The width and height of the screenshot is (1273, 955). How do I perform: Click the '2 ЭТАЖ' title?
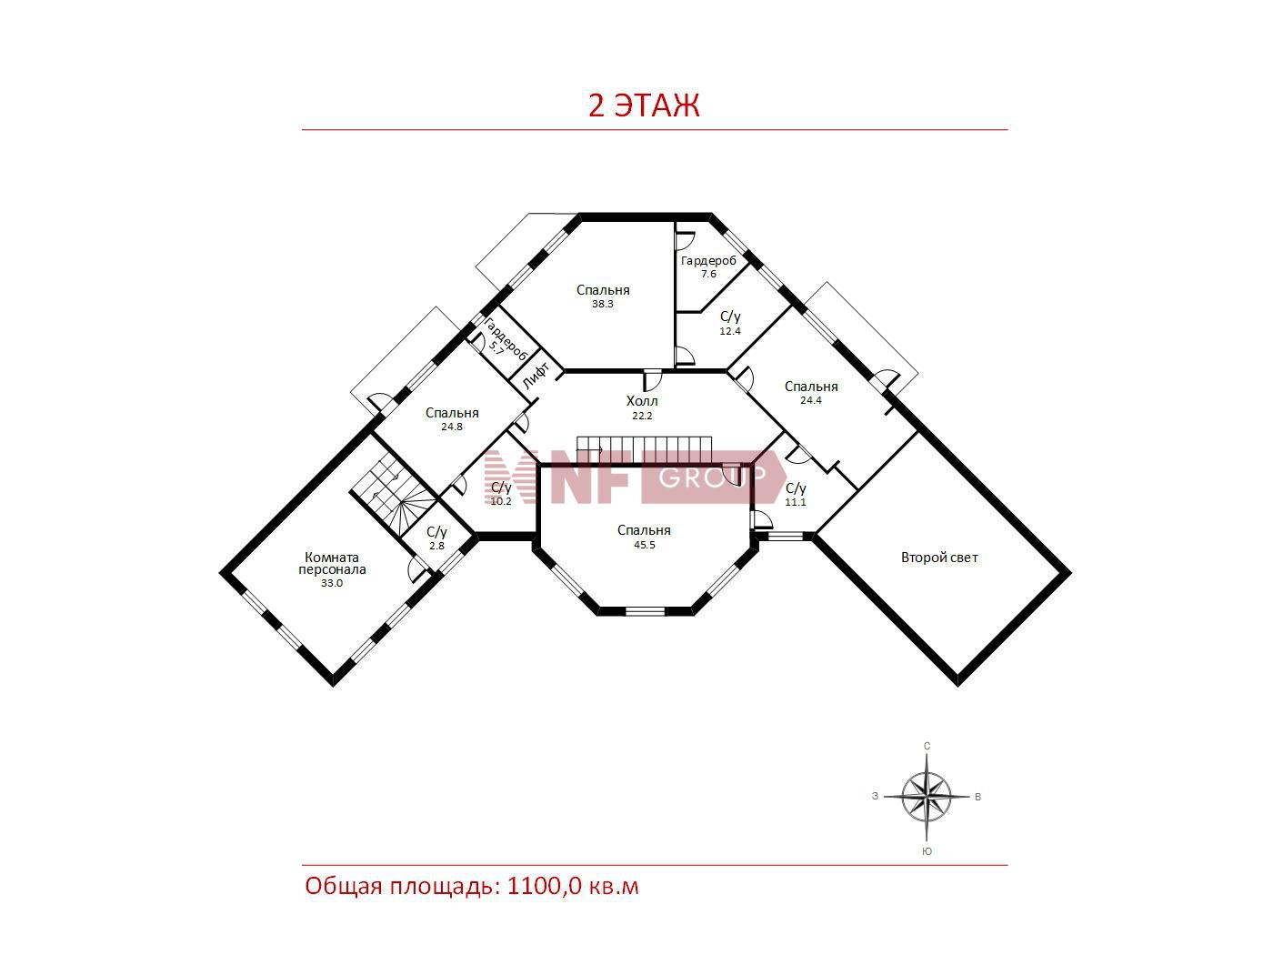[x=644, y=106]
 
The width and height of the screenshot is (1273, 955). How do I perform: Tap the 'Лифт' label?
[x=536, y=375]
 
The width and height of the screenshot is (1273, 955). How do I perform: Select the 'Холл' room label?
[x=642, y=401]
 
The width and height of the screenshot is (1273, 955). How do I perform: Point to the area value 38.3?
[x=603, y=304]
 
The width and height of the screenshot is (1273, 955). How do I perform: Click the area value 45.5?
[x=645, y=545]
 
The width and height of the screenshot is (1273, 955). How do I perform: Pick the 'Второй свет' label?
[x=939, y=558]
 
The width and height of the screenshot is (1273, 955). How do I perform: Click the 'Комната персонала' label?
[x=332, y=564]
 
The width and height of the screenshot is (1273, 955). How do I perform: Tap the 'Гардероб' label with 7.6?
[x=708, y=261]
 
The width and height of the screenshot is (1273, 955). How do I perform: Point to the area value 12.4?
[x=730, y=331]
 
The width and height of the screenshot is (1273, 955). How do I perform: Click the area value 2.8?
[x=436, y=546]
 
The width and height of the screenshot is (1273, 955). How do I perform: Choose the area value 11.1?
[x=796, y=502]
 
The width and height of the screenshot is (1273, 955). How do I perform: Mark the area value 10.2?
[x=501, y=501]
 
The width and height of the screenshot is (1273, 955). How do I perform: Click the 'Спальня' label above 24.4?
[x=811, y=387]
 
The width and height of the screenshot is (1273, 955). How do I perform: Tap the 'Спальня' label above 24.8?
[x=452, y=413]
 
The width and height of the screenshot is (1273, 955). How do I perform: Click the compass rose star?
[x=927, y=797]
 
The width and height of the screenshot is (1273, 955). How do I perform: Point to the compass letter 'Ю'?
[x=927, y=852]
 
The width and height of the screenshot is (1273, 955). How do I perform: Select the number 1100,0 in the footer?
[x=544, y=887]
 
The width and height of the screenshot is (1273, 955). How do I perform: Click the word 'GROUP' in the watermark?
[x=712, y=477]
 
